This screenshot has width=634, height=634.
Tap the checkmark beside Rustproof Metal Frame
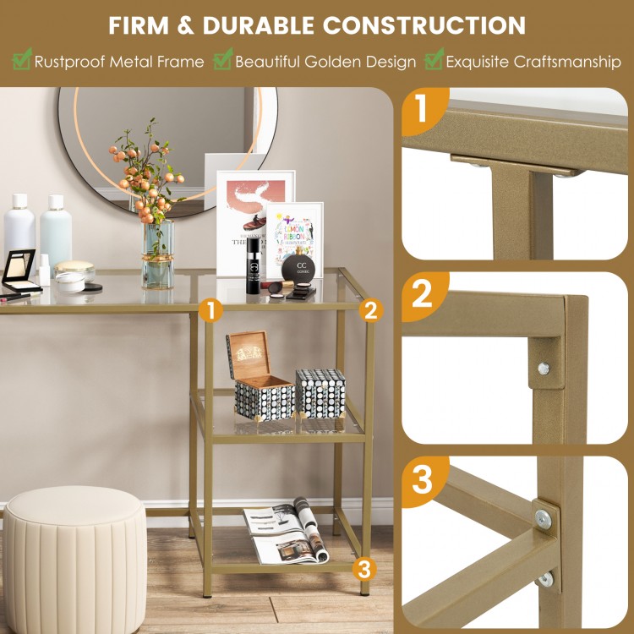(x=21, y=60)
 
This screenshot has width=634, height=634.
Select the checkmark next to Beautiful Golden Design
(x=222, y=60)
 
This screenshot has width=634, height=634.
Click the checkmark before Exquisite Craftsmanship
(x=434, y=60)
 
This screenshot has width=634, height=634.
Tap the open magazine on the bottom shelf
(x=286, y=533)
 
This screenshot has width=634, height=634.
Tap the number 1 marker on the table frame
(x=212, y=310)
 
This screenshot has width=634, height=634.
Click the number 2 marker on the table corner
(x=369, y=310)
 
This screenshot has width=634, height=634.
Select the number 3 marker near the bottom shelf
(x=364, y=568)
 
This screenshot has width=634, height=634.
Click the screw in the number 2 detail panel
(x=543, y=369)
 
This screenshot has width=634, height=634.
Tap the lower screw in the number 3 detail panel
(x=547, y=579)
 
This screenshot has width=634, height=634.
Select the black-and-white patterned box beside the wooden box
(x=320, y=392)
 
